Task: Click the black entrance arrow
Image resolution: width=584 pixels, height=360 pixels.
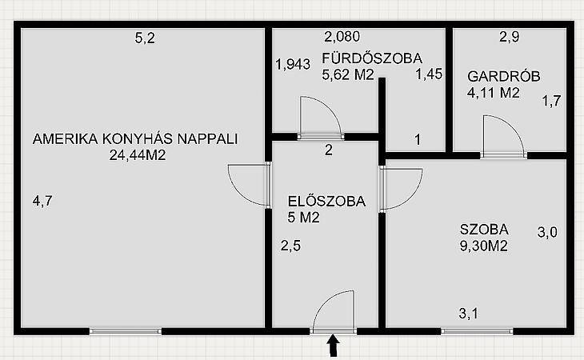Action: [334, 346]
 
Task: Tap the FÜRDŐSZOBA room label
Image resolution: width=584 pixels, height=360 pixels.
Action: [372, 58]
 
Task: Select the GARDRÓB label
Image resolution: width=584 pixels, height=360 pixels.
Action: [503, 76]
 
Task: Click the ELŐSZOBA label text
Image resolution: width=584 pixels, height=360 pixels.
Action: [326, 202]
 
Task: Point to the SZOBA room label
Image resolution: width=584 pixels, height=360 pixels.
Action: [484, 230]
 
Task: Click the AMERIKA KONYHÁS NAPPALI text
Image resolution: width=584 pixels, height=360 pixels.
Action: [135, 139]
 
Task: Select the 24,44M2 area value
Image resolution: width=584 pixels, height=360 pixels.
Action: [138, 155]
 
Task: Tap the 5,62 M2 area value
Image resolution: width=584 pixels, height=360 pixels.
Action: [347, 75]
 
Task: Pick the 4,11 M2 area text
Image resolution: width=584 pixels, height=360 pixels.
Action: [493, 92]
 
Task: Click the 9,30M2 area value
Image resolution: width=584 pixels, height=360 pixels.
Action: [484, 246]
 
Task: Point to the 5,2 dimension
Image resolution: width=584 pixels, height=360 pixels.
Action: [145, 38]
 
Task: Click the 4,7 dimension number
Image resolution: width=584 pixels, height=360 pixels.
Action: [42, 202]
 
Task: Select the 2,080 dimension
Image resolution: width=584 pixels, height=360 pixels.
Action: [342, 37]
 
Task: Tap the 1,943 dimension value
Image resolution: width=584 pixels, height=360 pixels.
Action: [293, 65]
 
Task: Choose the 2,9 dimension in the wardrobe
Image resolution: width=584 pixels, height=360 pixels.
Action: [509, 37]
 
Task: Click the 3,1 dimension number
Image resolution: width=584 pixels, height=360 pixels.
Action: [469, 314]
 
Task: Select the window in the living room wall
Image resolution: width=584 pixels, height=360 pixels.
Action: [126, 331]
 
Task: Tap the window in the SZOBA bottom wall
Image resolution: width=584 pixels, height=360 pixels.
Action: [477, 331]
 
